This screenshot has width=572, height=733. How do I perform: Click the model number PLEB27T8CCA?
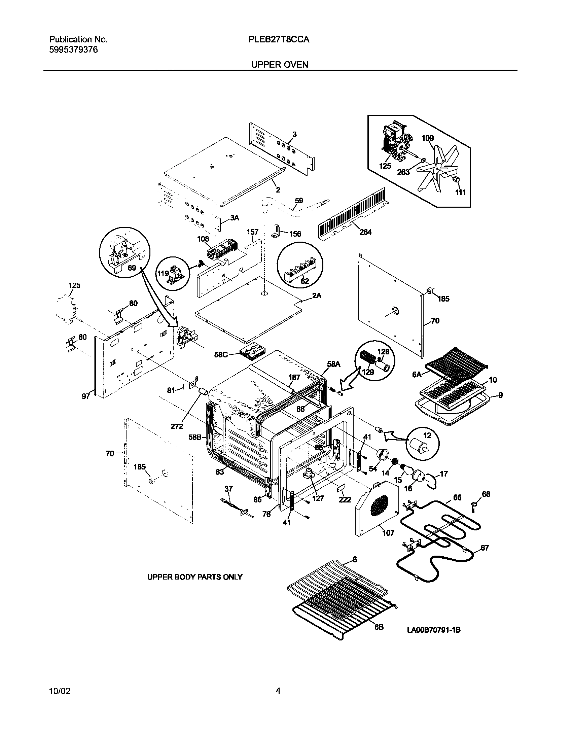point(279,40)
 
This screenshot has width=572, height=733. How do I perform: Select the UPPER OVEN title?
point(280,65)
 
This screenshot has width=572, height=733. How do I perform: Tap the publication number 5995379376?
point(73,50)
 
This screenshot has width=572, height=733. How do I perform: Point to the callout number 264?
point(365,232)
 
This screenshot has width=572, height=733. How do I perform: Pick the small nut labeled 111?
point(456,180)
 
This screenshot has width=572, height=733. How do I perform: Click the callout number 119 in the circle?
point(163,274)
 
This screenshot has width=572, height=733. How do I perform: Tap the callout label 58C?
point(221,355)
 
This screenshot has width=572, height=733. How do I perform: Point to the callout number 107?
point(388,533)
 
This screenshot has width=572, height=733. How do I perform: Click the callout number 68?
point(486,494)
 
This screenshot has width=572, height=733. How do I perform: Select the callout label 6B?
point(379,627)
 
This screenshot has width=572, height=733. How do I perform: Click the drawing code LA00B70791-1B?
point(434,630)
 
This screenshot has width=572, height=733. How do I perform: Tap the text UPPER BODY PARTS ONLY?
point(195,577)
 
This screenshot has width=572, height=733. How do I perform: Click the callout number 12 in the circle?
point(427,435)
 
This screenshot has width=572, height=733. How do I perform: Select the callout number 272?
point(177,426)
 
